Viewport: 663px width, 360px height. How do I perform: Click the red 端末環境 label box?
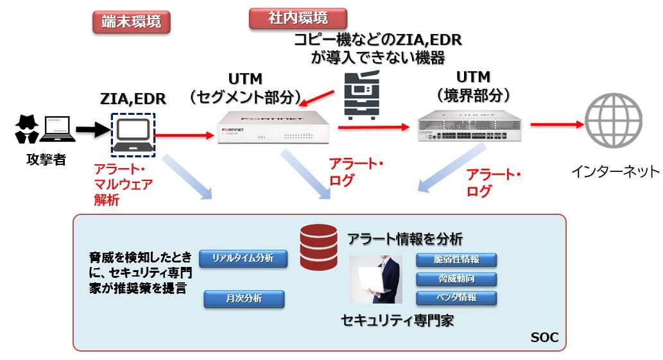pyautogui.click(x=131, y=22)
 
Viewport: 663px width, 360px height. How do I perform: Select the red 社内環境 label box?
pyautogui.click(x=297, y=18)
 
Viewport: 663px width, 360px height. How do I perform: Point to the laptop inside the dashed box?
pyautogui.click(x=133, y=134)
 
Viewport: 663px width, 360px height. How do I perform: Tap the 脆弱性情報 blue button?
pyautogui.click(x=456, y=260)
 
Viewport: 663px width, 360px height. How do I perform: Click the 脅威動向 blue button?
pyautogui.click(x=456, y=279)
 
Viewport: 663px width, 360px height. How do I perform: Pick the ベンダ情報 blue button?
pyautogui.click(x=456, y=298)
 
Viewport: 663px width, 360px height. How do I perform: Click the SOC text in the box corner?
pyautogui.click(x=544, y=338)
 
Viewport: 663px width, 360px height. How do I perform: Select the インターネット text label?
pyautogui.click(x=615, y=171)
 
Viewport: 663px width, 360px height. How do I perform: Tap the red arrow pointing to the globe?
pyautogui.click(x=555, y=124)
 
